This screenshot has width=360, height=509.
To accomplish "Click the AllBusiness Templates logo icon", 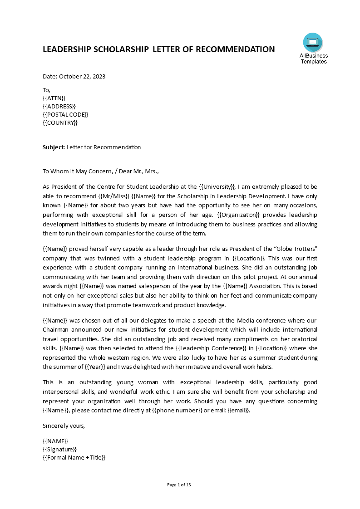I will point(313,43).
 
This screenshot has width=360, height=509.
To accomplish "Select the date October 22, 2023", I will point(82,76).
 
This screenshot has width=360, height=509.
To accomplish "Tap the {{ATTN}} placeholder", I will point(54,98).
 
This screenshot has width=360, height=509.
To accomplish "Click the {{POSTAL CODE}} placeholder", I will point(65,114).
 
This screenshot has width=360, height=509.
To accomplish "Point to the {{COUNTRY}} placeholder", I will point(60,122).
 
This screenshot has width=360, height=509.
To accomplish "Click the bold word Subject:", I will point(54,147).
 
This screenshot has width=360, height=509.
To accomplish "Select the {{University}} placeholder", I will point(217,186).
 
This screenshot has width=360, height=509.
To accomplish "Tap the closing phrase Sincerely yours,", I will point(64,426).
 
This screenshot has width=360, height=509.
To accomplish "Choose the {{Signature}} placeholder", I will point(59,449).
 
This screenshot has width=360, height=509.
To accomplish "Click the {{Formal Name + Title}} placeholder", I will point(74,457).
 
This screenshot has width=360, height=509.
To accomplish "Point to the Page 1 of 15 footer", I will point(179,485).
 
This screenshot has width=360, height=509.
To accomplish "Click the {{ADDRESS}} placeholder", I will point(59,106).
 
